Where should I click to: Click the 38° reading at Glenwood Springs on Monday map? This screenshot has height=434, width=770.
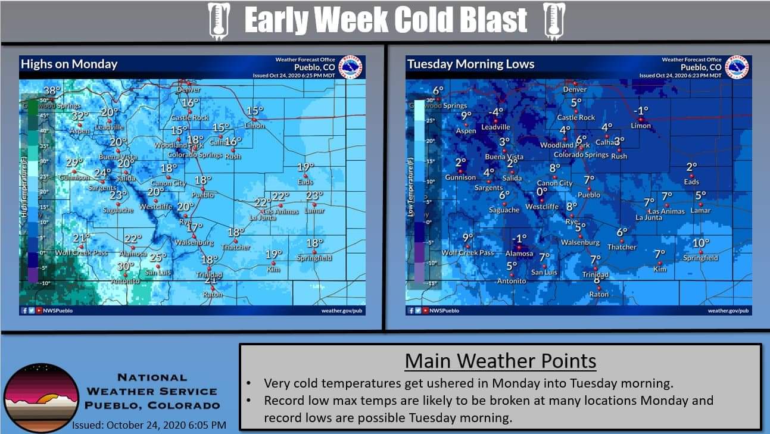click(52, 91)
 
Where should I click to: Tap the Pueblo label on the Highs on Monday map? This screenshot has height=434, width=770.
click(202, 195)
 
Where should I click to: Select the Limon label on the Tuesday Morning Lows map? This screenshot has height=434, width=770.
click(641, 126)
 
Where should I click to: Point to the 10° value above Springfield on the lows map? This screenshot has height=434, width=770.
click(701, 243)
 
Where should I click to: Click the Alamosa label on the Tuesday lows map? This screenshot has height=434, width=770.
click(519, 253)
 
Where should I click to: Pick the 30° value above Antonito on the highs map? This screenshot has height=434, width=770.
click(125, 266)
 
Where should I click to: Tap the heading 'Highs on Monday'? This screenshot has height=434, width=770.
click(68, 64)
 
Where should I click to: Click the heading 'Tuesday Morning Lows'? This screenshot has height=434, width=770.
click(470, 64)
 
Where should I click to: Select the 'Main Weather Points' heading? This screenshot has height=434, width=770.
click(500, 361)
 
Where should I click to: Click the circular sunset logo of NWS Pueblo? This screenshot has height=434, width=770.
click(40, 398)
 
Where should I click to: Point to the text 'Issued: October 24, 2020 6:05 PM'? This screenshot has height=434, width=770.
click(149, 425)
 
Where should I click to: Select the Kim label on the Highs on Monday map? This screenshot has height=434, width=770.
click(273, 270)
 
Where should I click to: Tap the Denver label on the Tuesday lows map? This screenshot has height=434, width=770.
click(575, 89)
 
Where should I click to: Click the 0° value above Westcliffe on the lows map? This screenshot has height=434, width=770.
click(542, 192)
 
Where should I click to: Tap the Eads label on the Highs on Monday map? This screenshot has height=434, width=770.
click(305, 182)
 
